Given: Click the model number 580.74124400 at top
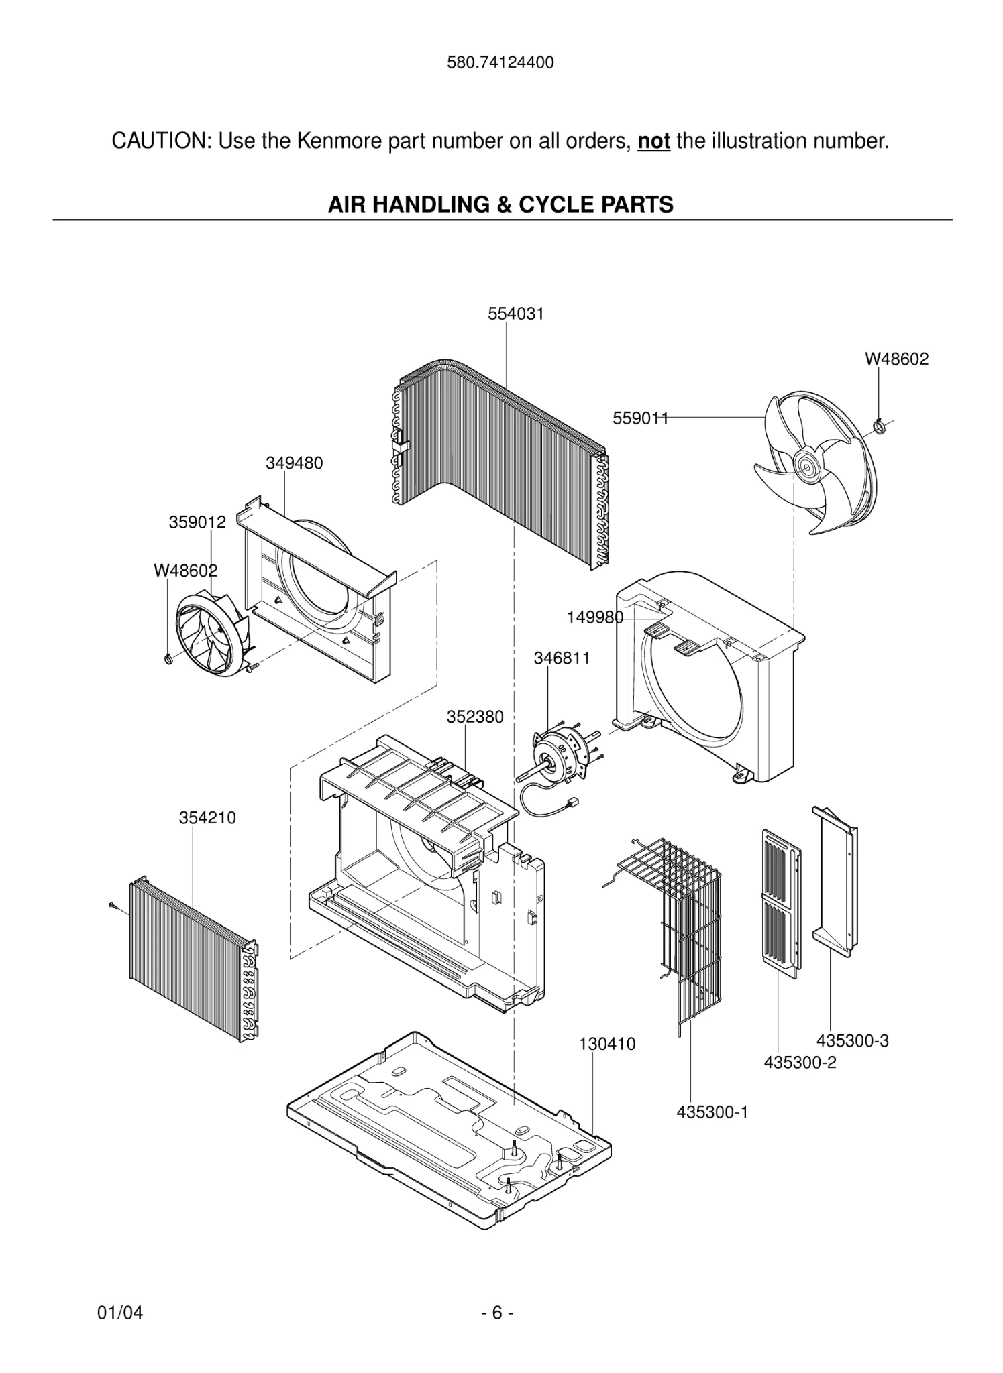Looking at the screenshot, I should click(x=500, y=63).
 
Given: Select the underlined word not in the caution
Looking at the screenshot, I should click(x=653, y=141).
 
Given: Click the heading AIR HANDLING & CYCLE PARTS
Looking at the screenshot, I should click(x=500, y=204).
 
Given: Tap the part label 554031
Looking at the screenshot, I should click(x=515, y=314).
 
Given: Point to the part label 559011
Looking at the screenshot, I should click(x=640, y=418).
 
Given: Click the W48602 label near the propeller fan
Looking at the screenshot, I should click(x=896, y=359).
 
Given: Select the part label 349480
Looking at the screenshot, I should click(x=294, y=463).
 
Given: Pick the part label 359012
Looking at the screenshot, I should click(x=197, y=522).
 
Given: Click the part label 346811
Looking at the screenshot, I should click(x=562, y=658).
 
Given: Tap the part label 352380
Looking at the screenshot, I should click(x=475, y=717).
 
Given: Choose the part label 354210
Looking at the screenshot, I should click(x=207, y=818).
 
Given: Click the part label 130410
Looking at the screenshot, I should click(x=607, y=1044).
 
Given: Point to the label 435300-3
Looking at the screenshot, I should click(x=852, y=1041).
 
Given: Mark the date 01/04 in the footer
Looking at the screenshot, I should click(x=120, y=1313).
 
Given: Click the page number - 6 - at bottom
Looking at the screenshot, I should click(x=497, y=1313).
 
